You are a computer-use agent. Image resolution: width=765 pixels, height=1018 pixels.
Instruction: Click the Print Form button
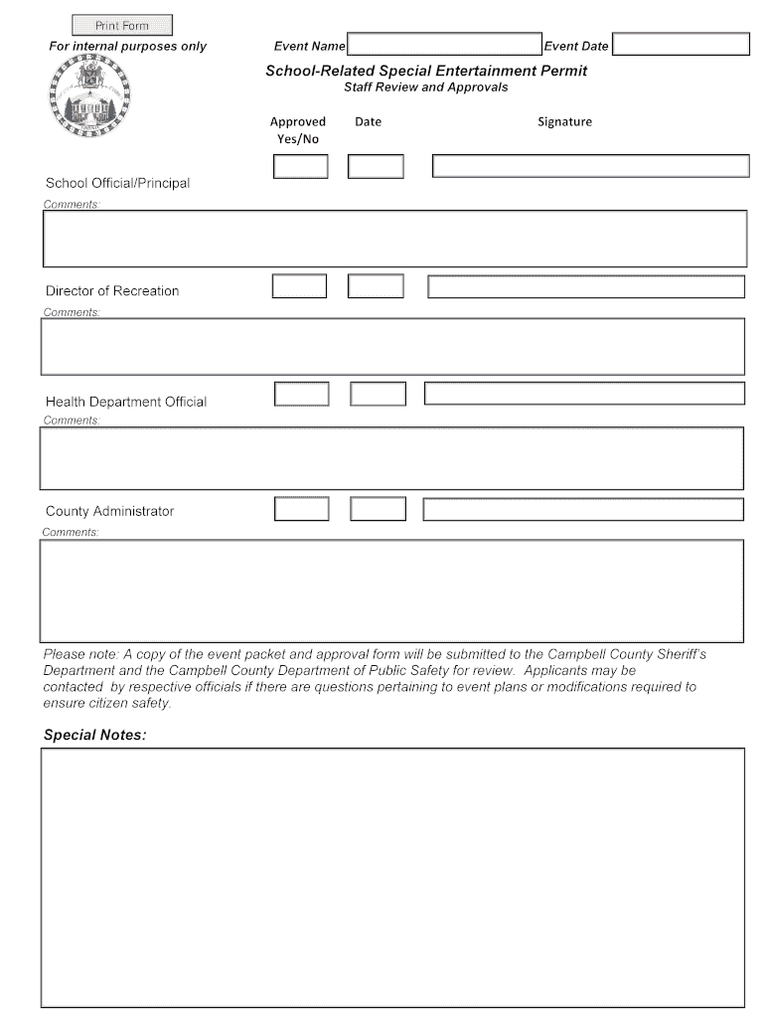click(122, 25)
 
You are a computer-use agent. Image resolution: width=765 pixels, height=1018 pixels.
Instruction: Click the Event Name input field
click(443, 45)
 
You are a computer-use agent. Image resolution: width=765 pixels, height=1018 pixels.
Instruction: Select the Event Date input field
click(681, 45)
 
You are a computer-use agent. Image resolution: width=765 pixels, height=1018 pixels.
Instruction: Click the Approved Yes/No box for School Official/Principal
click(300, 166)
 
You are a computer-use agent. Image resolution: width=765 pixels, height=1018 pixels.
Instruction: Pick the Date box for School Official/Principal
click(376, 166)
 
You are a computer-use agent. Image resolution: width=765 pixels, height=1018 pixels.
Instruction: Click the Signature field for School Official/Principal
click(590, 166)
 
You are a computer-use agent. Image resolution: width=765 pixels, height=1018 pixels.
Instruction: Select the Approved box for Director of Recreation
click(299, 286)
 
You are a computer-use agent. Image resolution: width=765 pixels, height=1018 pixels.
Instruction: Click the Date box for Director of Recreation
click(376, 286)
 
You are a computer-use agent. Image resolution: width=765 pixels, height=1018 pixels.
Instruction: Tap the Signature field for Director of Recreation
click(586, 286)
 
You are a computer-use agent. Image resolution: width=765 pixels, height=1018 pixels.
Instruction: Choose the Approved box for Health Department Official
click(301, 394)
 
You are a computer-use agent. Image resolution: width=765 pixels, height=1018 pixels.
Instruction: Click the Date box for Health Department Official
click(378, 394)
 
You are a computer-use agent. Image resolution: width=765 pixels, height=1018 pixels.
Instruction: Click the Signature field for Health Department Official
click(584, 394)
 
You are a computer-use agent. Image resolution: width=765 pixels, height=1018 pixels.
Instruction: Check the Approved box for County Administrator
click(301, 509)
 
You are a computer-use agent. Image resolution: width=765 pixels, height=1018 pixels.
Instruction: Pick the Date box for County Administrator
click(378, 509)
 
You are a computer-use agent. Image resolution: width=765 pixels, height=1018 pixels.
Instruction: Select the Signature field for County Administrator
click(583, 509)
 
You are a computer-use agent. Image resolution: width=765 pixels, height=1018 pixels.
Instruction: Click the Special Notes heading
click(94, 735)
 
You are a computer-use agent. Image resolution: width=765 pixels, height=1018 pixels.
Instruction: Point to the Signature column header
click(564, 121)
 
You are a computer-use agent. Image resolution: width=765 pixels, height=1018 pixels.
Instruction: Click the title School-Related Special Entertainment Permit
click(425, 71)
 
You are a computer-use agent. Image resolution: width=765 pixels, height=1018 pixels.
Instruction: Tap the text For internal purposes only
click(128, 47)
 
